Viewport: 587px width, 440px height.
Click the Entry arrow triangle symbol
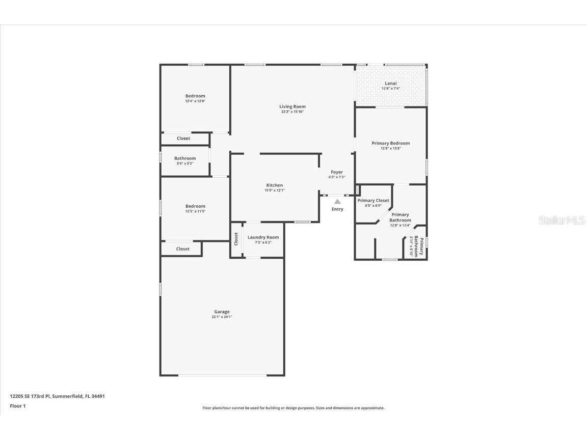[x=337, y=202]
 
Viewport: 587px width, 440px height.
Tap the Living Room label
[x=292, y=106]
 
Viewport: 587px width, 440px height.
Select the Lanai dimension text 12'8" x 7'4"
[x=391, y=89]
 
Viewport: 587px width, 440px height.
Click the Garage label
[x=222, y=312]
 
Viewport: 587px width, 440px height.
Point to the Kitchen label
[x=274, y=185]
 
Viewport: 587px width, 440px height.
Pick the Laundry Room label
[x=263, y=237]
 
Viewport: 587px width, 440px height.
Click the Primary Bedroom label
[x=391, y=143]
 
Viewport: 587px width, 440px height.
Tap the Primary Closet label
[x=373, y=201]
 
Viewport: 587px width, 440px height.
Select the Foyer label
[x=337, y=172]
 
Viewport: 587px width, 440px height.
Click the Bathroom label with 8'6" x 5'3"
[x=185, y=158]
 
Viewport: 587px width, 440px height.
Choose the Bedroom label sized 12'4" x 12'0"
[x=195, y=96]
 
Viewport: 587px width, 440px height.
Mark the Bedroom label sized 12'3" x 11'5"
[x=195, y=206]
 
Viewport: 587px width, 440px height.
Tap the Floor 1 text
[x=17, y=406]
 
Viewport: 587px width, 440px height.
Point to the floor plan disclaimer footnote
[x=293, y=408]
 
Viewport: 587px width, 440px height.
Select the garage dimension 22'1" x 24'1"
[x=222, y=317]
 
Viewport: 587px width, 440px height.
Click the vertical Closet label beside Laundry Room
[x=236, y=238]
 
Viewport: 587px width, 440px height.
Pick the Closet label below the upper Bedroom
[x=183, y=139]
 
